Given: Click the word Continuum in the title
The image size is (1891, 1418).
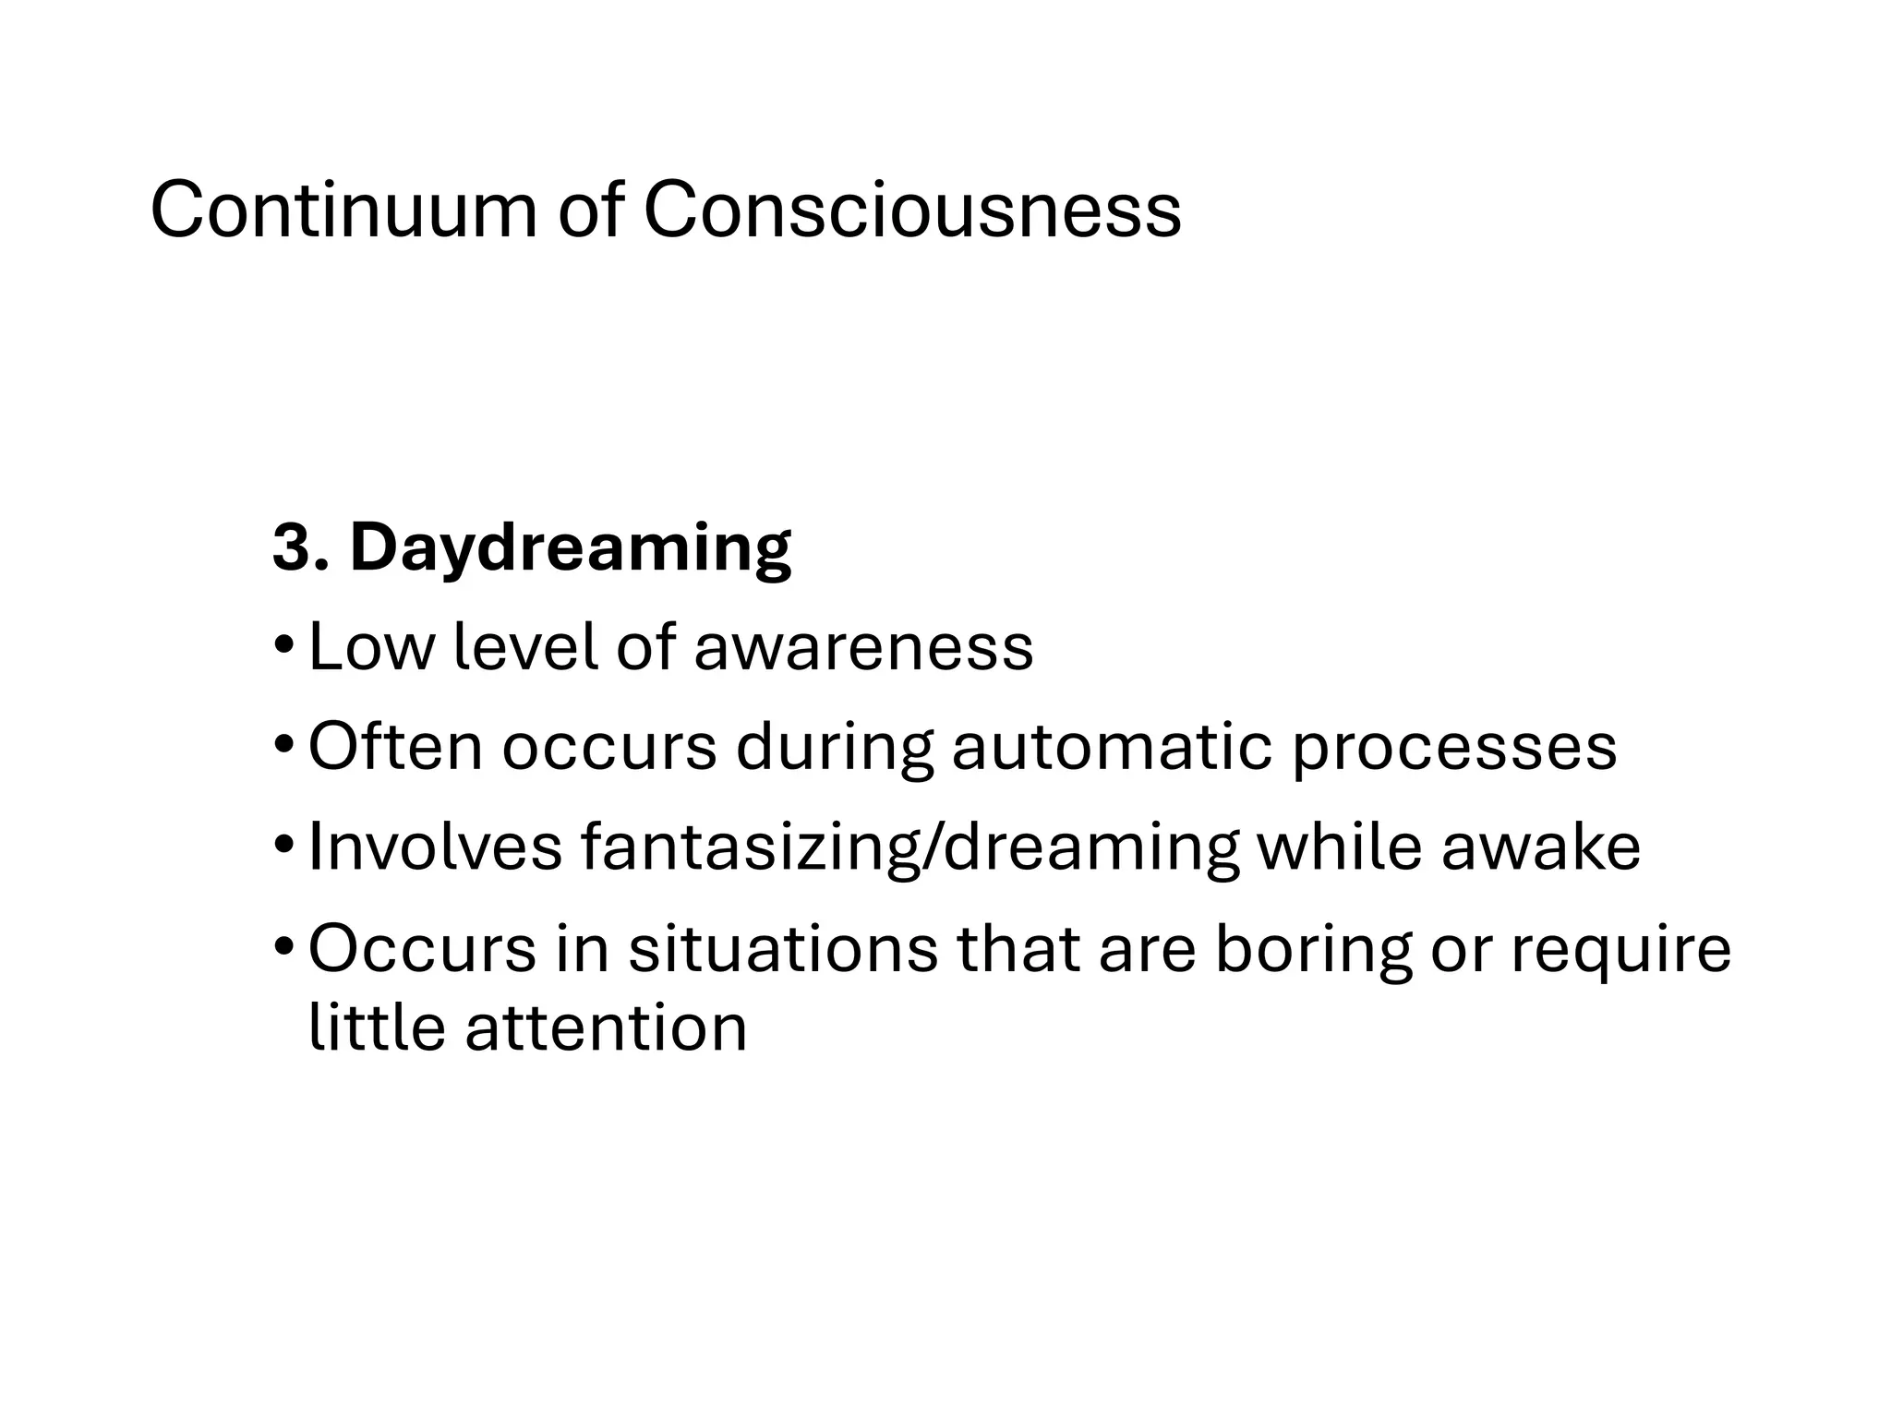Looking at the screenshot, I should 343,211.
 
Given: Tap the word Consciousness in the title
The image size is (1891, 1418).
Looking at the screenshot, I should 911,211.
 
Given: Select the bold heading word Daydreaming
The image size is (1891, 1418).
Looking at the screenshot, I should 570,548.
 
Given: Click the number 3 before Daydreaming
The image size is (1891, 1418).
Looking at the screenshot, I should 292,548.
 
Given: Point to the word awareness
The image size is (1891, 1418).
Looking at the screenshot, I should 863,647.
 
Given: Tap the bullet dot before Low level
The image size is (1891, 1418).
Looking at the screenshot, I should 285,643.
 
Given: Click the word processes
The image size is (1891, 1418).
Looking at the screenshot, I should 1453,748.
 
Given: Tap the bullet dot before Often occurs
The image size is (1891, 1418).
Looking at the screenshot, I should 285,743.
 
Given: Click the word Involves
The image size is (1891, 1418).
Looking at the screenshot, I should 435,847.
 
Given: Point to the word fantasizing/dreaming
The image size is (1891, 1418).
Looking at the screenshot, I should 909,848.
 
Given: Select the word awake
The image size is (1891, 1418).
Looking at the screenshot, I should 1541,847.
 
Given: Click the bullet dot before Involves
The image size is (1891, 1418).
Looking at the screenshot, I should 285,844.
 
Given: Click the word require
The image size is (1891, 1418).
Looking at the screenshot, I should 1620,950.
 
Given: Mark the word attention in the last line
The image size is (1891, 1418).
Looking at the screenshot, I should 606,1027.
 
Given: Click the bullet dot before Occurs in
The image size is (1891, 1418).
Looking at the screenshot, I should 285,945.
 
